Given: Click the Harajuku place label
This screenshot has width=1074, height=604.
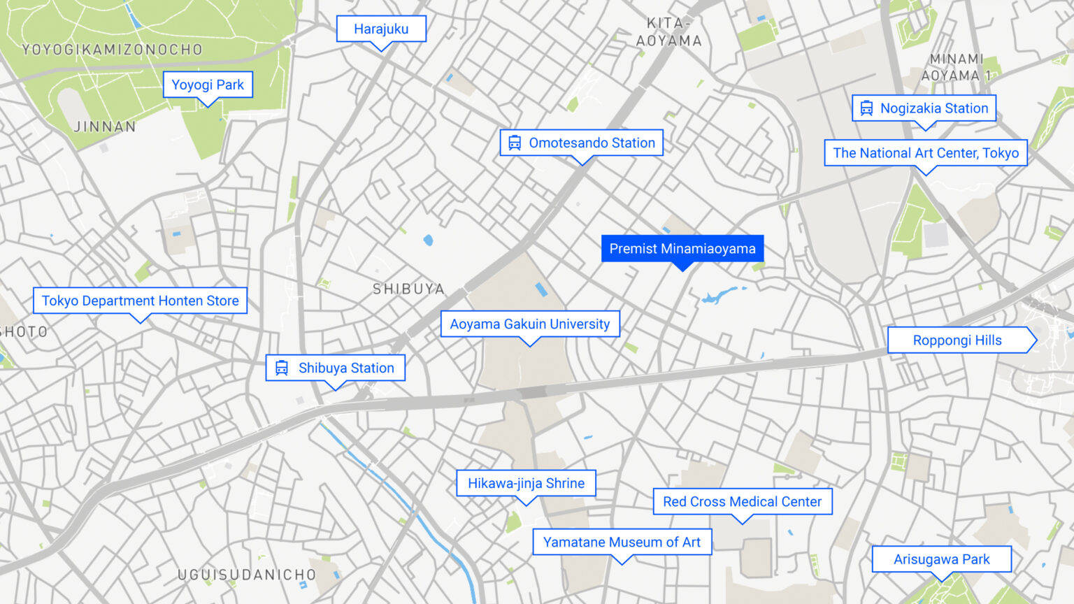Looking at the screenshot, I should click(381, 29).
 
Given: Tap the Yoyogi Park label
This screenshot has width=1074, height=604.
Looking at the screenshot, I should click(208, 85).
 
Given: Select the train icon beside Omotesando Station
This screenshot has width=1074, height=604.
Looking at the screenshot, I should click(515, 143).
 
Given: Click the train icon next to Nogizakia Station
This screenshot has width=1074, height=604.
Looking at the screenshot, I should click(866, 108).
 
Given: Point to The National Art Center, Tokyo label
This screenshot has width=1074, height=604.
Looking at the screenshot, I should click(926, 153).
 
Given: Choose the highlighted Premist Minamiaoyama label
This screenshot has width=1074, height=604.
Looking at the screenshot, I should click(682, 249).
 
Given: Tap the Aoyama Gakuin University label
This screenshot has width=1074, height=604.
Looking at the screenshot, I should click(530, 324).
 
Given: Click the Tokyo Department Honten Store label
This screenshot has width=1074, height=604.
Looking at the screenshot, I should click(140, 301).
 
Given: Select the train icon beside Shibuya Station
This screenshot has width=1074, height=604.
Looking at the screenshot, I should click(282, 368).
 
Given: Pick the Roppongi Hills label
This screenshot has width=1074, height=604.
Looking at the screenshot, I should click(957, 340).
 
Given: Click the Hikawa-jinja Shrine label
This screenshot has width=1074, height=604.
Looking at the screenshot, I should click(526, 484).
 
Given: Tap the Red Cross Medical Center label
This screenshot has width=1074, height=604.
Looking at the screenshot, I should click(742, 502).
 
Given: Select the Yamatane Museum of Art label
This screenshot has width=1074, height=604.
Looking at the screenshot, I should click(622, 542).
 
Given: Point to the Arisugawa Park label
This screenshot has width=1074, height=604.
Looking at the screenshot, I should click(941, 559).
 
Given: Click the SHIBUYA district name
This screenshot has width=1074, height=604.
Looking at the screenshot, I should click(408, 289).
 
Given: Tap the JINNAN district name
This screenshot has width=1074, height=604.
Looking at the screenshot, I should click(105, 127).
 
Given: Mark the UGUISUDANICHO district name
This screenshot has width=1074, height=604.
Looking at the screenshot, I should click(247, 575).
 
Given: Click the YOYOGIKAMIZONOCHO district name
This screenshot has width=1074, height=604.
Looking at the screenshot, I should click(113, 50).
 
